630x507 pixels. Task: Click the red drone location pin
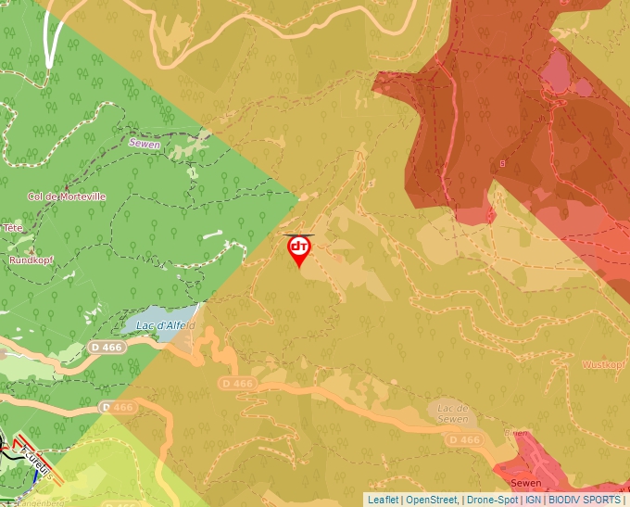298,248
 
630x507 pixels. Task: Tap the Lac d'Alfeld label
165,326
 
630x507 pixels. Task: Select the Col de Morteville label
67,196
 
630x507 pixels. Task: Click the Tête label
12,227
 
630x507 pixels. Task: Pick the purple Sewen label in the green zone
145,145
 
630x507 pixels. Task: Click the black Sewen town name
524,483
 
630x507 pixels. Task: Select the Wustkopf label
602,364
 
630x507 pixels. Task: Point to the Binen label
516,433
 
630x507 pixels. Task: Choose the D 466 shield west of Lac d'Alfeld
107,346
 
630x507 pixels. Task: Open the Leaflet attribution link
384,500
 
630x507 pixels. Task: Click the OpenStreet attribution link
432,500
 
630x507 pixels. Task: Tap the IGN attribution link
534,500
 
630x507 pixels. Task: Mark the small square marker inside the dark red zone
502,163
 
